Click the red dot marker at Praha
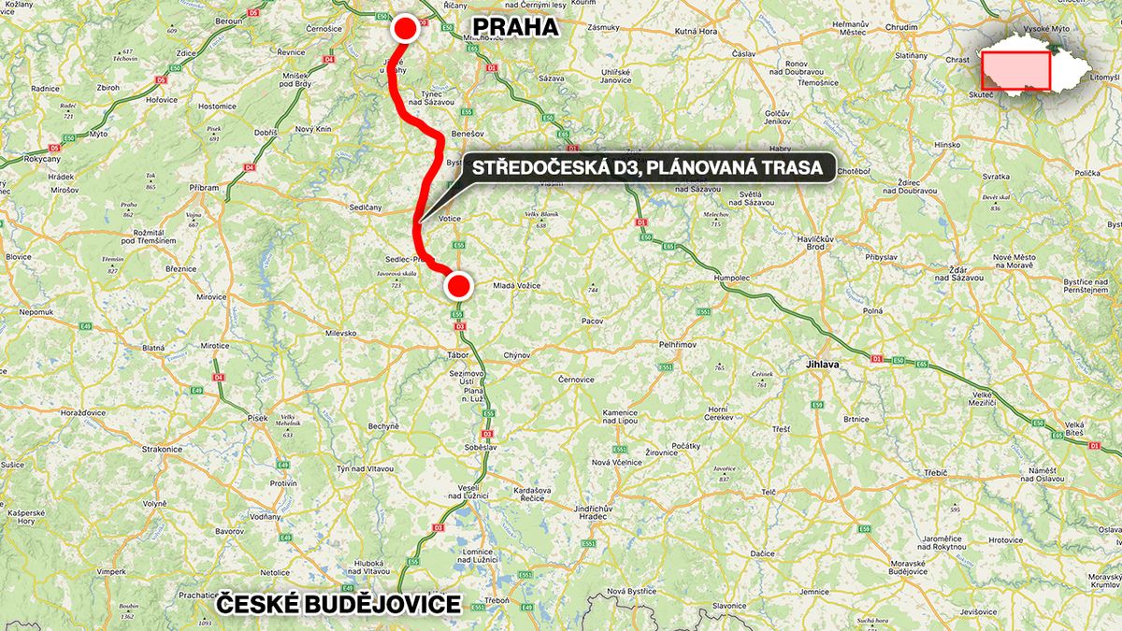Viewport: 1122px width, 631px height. click(x=405, y=29)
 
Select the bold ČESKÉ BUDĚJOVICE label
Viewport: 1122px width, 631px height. click(x=338, y=605)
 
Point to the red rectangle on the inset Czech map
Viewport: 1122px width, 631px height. click(x=1016, y=69)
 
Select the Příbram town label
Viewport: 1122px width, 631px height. click(x=203, y=187)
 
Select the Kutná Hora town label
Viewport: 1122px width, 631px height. click(x=694, y=31)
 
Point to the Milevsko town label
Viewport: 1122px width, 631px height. click(x=340, y=333)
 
